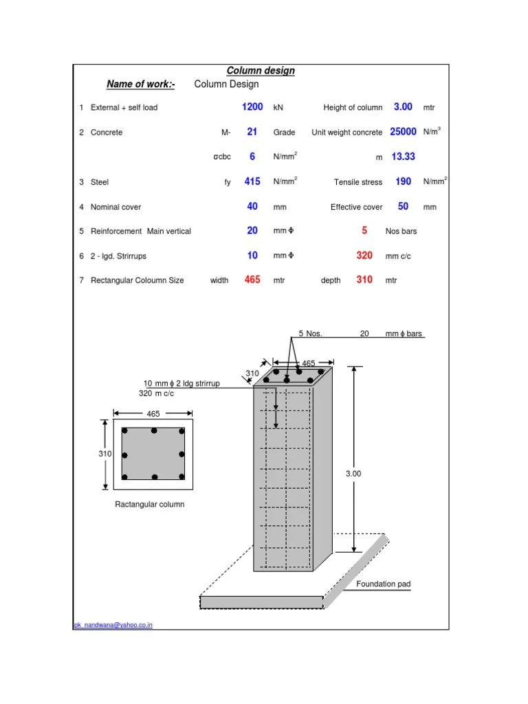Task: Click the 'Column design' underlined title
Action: click(x=261, y=71)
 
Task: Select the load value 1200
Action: click(x=252, y=107)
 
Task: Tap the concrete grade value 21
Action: click(x=252, y=132)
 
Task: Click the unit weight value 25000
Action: click(x=404, y=132)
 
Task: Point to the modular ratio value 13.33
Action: click(x=403, y=157)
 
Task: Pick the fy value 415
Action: click(x=252, y=181)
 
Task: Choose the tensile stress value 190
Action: click(x=403, y=181)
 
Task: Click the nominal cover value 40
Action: click(x=252, y=206)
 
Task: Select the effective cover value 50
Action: click(x=403, y=206)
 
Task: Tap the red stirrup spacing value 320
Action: click(x=364, y=256)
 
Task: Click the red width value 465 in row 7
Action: click(x=252, y=280)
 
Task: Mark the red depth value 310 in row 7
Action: click(x=364, y=280)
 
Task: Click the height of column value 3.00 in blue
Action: click(x=403, y=107)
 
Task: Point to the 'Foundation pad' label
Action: click(x=383, y=584)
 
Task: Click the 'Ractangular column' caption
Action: click(x=149, y=505)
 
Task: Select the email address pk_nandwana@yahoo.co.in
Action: click(x=113, y=625)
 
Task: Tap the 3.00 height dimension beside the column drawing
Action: click(x=353, y=474)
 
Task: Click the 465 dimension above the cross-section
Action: click(x=153, y=415)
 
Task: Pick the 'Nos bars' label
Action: click(x=401, y=231)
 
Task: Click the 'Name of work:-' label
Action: click(x=141, y=85)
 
